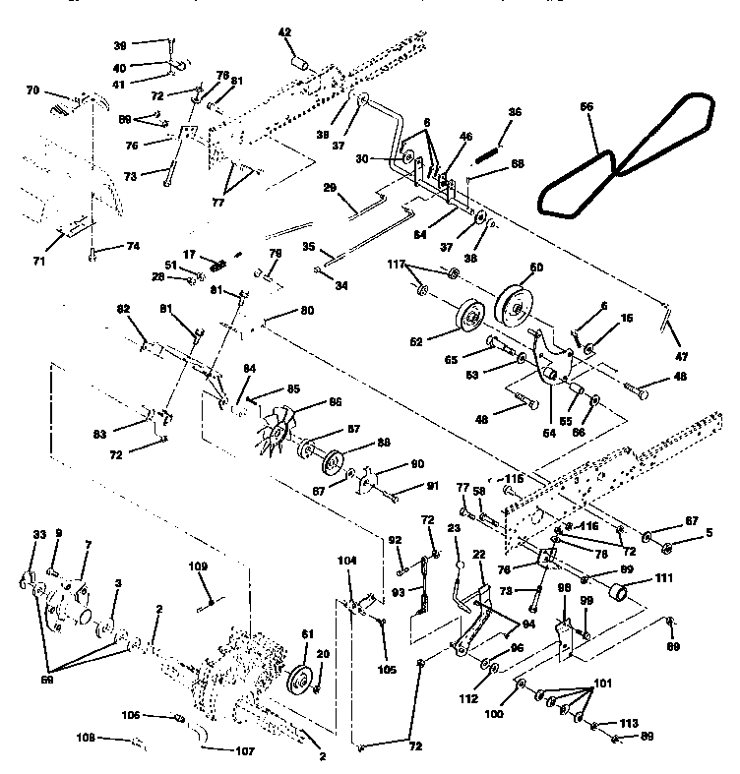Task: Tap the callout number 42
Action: [x=284, y=32]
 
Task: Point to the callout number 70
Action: [x=32, y=90]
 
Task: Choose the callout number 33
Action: [x=39, y=535]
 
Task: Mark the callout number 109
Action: [x=198, y=567]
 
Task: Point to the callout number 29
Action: [x=330, y=187]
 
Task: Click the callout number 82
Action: [x=123, y=310]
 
